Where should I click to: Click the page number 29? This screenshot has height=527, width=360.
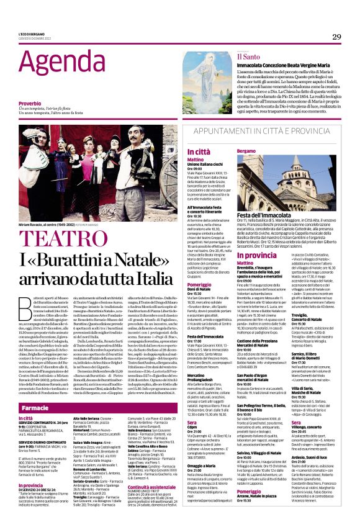[336, 37]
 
